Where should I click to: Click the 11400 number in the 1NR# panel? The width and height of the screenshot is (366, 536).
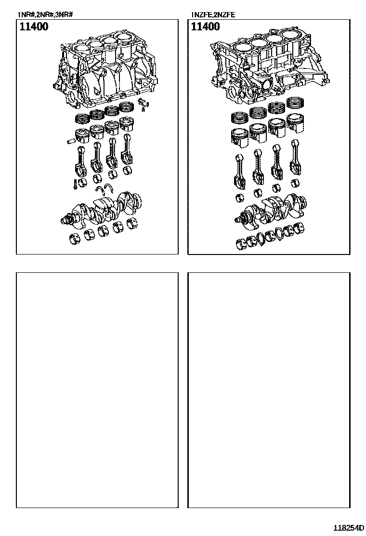[34, 27]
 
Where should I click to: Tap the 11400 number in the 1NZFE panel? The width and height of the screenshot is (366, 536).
[205, 27]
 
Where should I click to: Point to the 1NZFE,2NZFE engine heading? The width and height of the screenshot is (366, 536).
[213, 14]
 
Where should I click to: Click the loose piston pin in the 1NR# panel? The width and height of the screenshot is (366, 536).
[70, 140]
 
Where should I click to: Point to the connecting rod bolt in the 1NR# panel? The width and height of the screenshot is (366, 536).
[74, 184]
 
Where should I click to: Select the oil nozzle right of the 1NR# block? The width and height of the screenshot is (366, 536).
[144, 103]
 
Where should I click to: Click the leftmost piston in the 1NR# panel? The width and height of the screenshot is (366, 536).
[81, 136]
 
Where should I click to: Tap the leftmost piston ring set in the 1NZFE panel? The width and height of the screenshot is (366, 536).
[241, 119]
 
